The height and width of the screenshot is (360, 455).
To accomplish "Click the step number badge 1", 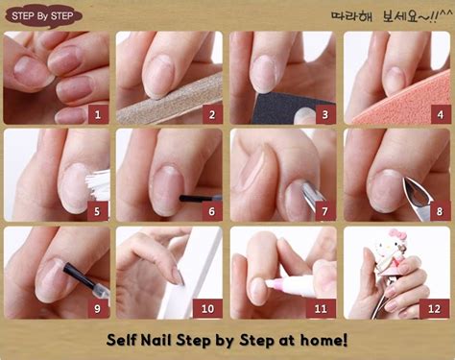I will click(96, 113).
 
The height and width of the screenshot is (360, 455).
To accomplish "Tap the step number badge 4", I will click(439, 113).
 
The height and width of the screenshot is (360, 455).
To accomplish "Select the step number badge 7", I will click(324, 211).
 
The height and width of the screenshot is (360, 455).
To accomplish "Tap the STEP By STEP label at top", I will click(40, 14).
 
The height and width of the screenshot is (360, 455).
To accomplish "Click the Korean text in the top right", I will click(392, 15).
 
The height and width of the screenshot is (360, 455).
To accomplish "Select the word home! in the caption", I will click(323, 340).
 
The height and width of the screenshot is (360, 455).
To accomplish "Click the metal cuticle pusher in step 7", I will click(310, 197).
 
